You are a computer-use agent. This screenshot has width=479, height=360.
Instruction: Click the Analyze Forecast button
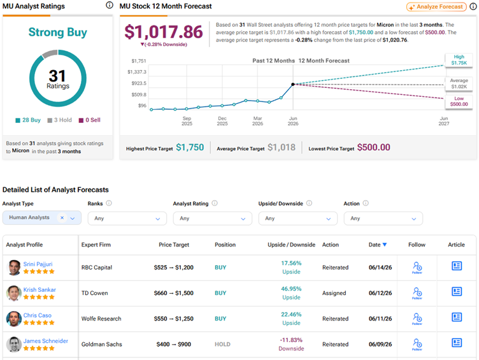click(436, 7)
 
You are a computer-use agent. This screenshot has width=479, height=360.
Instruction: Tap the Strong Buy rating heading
click(58, 32)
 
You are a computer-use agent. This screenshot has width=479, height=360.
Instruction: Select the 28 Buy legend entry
click(28, 120)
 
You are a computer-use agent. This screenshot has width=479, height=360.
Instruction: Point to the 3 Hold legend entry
click(60, 120)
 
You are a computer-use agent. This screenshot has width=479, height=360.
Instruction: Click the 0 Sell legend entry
click(90, 120)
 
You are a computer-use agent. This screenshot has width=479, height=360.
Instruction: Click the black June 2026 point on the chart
click(293, 84)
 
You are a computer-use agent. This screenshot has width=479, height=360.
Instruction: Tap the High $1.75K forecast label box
click(459, 60)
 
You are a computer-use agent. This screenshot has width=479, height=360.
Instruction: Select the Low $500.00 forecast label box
click(459, 101)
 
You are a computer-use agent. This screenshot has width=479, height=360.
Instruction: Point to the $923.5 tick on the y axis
click(139, 83)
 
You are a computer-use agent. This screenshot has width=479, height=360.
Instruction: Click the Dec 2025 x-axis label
click(222, 121)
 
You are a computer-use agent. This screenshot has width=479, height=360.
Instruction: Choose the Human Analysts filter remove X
click(62, 217)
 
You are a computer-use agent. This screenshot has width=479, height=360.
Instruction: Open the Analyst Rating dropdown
click(212, 219)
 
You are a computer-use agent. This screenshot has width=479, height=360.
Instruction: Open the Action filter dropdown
click(383, 219)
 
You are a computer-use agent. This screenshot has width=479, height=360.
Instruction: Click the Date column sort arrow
click(385, 245)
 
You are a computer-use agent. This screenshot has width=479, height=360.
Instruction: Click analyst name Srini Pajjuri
click(38, 264)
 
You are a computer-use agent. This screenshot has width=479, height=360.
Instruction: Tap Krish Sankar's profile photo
click(14, 293)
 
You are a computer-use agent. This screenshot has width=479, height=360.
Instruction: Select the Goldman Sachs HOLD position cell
click(222, 345)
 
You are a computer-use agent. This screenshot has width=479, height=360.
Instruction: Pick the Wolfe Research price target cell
click(173, 319)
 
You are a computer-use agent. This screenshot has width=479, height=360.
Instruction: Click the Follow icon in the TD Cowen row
click(417, 293)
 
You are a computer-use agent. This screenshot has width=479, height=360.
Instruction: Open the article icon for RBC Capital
click(457, 266)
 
